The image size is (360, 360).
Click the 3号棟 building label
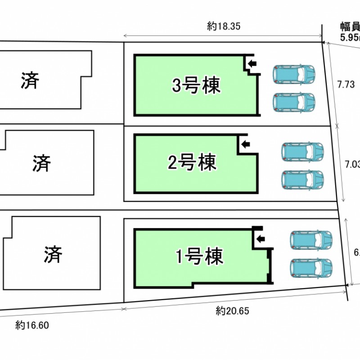coord(197,85)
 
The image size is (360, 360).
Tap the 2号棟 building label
coord(192,162)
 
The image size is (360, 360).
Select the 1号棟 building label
coord(199,257)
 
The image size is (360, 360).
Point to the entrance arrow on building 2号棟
coord(245,144)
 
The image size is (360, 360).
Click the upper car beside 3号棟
coord(294,74)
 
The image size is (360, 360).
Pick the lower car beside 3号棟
coord(294,102)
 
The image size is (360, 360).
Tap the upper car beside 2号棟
coord(302,152)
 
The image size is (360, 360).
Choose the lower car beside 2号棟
coord(302,180)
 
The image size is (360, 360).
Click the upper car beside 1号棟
coord(311,240)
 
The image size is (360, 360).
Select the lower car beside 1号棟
coord(311,268)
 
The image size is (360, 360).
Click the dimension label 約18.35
coord(224,27)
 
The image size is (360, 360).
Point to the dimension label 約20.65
coord(232,310)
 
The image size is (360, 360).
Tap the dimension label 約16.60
coord(31,324)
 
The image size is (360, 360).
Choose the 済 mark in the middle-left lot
coord(41,162)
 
